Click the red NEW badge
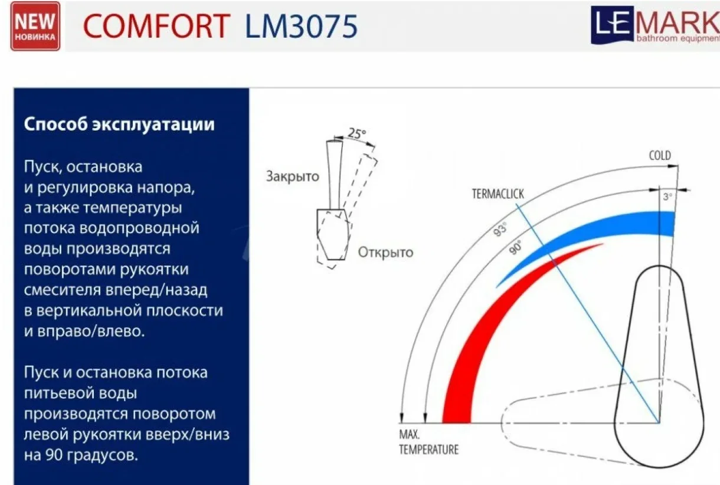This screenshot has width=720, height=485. pyautogui.click(x=35, y=26)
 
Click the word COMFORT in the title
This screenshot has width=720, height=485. pyautogui.click(x=156, y=26)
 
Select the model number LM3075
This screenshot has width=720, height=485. pyautogui.click(x=301, y=26)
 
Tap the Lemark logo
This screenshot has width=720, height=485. pyautogui.click(x=655, y=25)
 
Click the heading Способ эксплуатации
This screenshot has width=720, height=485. pyautogui.click(x=119, y=124)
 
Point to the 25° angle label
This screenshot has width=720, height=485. pyautogui.click(x=357, y=133)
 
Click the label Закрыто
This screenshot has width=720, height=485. pyautogui.click(x=293, y=176)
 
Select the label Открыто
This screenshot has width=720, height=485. pyautogui.click(x=385, y=253)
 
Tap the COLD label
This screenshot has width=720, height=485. pyautogui.click(x=660, y=156)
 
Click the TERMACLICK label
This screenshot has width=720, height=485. pyautogui.click(x=498, y=194)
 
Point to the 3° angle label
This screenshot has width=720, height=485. pyautogui.click(x=667, y=196)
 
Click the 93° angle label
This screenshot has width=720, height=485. pyautogui.click(x=500, y=229)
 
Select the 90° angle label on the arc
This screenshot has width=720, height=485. pyautogui.click(x=515, y=247)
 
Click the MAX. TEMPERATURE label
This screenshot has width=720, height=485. pyautogui.click(x=428, y=442)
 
